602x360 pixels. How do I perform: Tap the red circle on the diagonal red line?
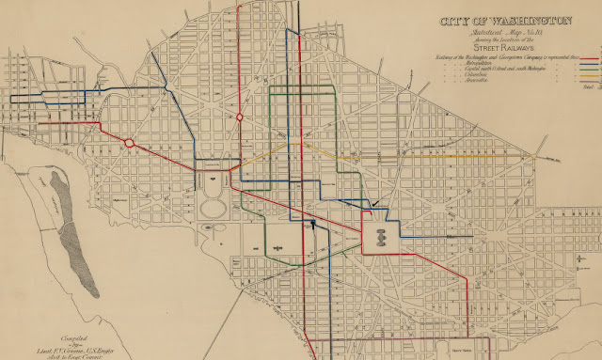pos(130,145)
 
